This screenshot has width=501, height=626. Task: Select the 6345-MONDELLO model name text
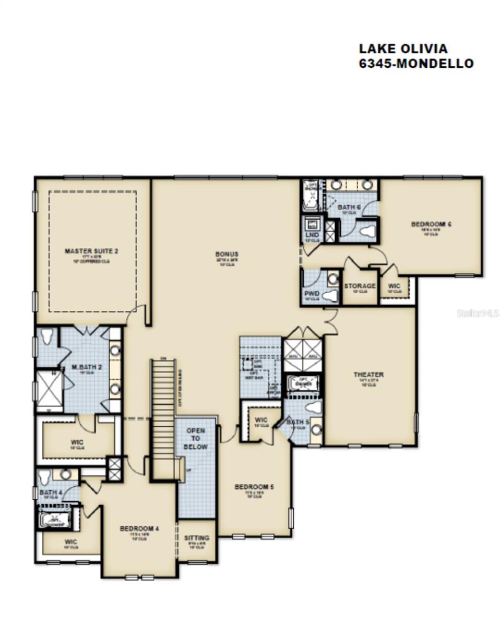point(416,64)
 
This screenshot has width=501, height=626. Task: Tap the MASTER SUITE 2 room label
point(91,251)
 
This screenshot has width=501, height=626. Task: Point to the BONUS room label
point(227,255)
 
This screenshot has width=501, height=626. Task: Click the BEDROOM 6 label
point(431,224)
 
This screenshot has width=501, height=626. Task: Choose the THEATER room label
point(368,375)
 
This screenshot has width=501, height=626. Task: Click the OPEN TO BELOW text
point(196,439)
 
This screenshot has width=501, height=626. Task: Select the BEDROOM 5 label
point(254,487)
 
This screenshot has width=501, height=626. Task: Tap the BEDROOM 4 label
point(139,528)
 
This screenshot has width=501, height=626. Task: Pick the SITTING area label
point(197,538)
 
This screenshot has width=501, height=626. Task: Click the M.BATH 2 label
point(87,367)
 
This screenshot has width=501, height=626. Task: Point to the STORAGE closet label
point(360,286)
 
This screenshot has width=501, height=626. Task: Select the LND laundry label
point(312,235)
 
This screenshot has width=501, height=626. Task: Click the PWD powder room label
point(312,294)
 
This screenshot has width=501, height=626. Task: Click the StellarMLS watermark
point(478,313)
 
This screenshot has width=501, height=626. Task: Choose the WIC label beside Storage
point(394,286)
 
